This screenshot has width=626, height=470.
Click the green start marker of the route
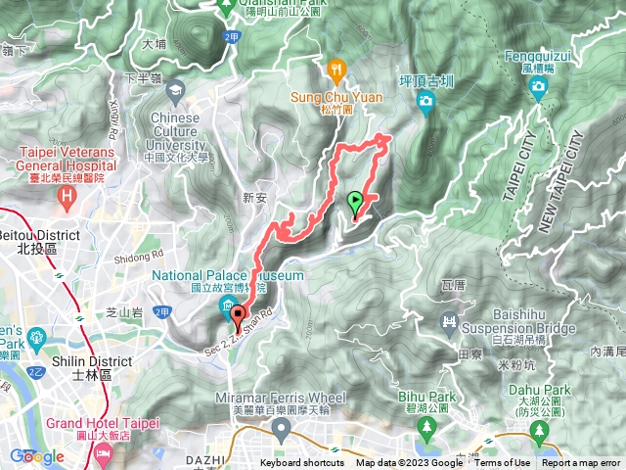click(355, 203)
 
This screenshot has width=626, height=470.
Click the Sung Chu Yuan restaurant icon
click(337, 69)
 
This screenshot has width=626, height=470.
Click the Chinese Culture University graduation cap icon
click(175, 90)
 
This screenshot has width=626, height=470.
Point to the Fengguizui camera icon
click(538, 90)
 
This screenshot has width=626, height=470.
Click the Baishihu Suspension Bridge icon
click(449, 321)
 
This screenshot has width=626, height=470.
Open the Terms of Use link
click(503, 463)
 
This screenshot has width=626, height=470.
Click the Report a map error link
click(581, 463)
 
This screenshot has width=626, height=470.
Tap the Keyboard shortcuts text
click(303, 463)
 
